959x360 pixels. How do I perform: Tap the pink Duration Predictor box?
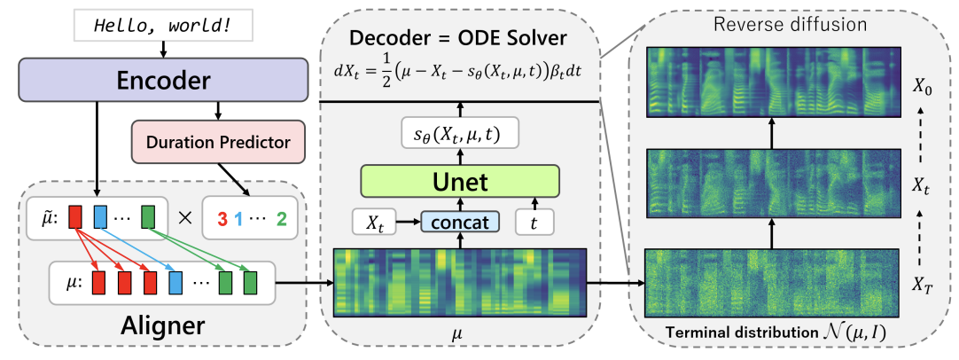[218, 141]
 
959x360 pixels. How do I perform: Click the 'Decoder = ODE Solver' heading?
[459, 41]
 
